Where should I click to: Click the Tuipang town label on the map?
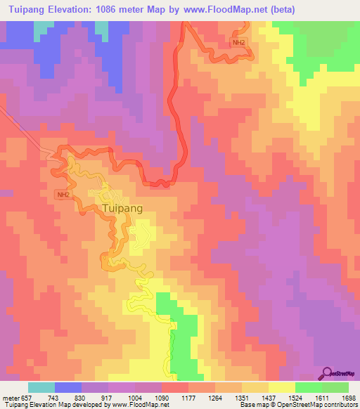122,209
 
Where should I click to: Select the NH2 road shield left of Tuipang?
63,194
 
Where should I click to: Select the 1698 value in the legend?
349,397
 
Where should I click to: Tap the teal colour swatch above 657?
41,387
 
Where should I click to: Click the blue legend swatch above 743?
68,387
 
